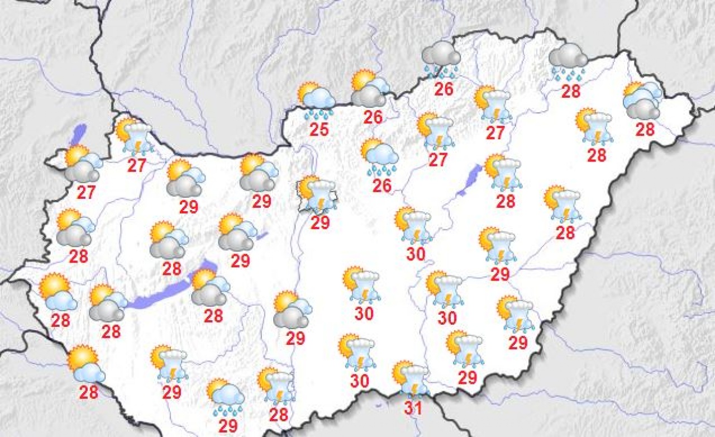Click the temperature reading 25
click(319, 129)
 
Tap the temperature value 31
click(413, 408)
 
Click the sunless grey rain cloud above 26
click(441, 59)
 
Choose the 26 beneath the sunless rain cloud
click(444, 89)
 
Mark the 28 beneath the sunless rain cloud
click(571, 91)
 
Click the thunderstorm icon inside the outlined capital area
click(318, 194)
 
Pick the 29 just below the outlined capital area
click(320, 223)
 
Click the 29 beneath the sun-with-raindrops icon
click(228, 426)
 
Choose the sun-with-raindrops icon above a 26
click(380, 156)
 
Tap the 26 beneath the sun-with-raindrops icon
click(382, 185)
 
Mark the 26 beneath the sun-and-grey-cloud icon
click(373, 117)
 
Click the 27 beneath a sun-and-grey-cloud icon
click(86, 192)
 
